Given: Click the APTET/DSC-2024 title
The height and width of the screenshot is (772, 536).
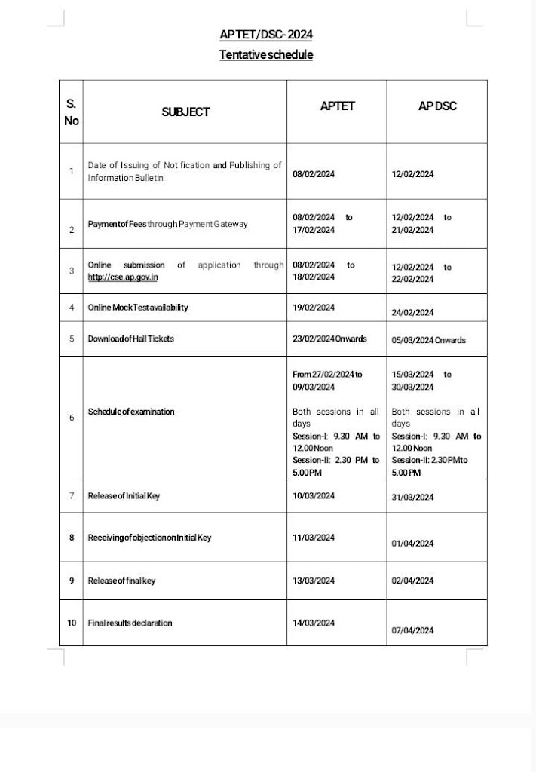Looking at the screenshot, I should (x=266, y=35).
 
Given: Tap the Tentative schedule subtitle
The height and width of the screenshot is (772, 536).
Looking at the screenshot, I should (x=266, y=54).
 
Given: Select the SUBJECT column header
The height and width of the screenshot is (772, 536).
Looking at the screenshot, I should (x=185, y=112).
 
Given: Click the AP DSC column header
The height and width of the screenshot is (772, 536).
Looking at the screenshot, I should (x=437, y=106).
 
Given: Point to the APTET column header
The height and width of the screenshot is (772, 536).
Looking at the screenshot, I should (x=337, y=106).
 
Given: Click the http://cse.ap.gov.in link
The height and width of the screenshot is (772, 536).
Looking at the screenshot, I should (x=123, y=277).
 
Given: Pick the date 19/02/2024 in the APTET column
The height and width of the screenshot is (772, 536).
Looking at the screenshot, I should (x=314, y=308).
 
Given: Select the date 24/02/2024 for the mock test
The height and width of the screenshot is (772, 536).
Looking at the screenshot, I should (x=413, y=312).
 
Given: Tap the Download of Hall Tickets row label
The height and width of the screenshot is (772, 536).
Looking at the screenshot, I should (x=131, y=339).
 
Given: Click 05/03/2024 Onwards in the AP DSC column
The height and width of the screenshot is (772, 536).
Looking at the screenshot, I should (x=429, y=340).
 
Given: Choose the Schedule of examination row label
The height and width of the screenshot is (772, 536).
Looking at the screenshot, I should (x=131, y=412).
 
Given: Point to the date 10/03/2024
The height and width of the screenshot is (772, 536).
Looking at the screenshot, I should (x=314, y=495).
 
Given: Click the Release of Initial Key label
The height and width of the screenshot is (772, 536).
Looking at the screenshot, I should (x=124, y=495).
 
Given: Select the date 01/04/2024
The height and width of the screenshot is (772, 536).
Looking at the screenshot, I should (x=413, y=543).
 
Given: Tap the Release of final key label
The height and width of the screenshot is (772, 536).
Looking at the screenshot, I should (x=122, y=581).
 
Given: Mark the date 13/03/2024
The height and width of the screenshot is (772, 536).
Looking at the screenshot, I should (x=314, y=581).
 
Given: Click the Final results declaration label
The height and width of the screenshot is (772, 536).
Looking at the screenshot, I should (x=130, y=623).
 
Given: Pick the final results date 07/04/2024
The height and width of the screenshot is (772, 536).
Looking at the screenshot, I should (x=413, y=630).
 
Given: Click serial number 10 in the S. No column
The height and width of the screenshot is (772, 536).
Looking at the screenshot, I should (x=72, y=623).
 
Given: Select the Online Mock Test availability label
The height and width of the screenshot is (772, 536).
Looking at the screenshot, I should (x=139, y=308).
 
